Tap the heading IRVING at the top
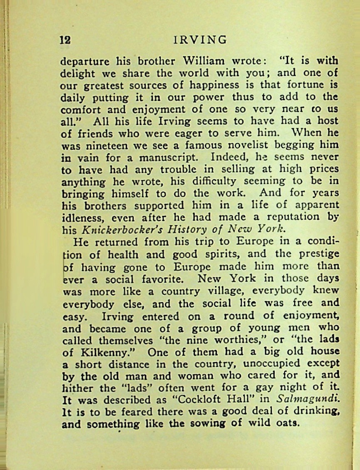(200, 40)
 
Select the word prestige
(316, 254)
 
